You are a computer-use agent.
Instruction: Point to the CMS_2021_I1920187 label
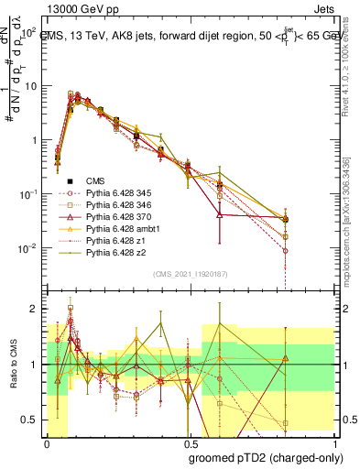pyautogui.click(x=191, y=273)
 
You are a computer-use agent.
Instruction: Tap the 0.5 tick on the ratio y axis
pyautogui.click(x=34, y=420)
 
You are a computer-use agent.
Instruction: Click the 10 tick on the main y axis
pyautogui.click(x=33, y=86)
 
